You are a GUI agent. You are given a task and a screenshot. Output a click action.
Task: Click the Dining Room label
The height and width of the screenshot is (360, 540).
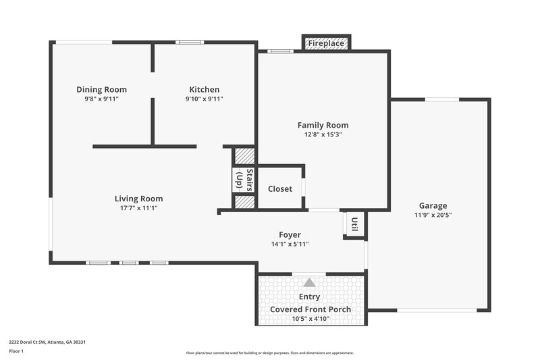101,89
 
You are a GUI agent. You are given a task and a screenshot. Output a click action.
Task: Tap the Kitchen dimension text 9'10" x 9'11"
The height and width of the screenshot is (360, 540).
204,99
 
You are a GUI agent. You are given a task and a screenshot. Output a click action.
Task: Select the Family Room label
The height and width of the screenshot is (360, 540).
323,125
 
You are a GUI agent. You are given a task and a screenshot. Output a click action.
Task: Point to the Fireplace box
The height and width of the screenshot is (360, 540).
327,43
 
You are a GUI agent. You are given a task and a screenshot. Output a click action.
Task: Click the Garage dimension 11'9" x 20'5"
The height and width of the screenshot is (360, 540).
433,215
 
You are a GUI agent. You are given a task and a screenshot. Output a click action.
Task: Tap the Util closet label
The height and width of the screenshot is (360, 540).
354,222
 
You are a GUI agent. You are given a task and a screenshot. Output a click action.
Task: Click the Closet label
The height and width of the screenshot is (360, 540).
280,188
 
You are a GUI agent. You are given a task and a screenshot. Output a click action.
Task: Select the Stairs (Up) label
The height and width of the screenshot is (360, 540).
243,180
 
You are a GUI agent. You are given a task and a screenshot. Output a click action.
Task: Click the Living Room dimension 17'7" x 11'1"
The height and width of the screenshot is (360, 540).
138,208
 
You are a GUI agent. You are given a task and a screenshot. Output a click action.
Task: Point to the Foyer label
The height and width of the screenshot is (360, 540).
290,235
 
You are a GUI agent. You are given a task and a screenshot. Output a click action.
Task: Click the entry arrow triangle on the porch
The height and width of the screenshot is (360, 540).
309,283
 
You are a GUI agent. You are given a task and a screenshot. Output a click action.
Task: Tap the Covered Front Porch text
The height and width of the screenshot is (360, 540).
310,309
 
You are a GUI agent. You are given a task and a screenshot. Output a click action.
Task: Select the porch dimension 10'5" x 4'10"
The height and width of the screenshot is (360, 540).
310,319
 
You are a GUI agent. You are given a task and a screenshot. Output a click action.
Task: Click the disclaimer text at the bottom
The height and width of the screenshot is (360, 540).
269,353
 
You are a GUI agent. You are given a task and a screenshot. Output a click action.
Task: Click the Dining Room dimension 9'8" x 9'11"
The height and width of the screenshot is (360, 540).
101,99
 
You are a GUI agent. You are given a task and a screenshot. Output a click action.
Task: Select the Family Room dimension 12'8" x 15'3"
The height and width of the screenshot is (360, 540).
323,134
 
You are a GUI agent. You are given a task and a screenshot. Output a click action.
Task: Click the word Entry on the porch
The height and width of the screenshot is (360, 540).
309,297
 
